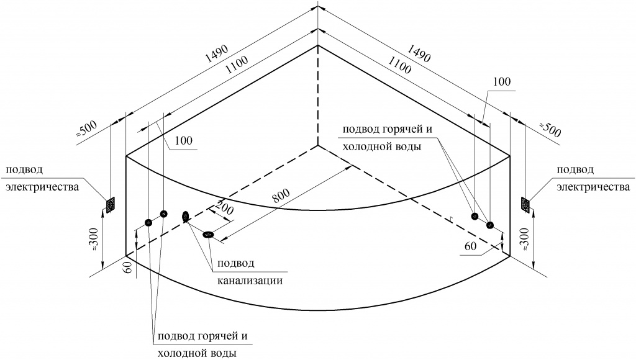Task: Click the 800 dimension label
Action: click(x=280, y=196)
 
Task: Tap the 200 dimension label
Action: click(x=224, y=207)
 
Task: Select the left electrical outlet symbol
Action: click(x=111, y=205)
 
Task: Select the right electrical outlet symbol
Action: click(x=525, y=205)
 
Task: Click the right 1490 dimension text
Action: click(x=419, y=53)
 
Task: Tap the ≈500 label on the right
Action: click(x=550, y=129)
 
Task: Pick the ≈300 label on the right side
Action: click(x=524, y=238)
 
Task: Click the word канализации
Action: click(x=250, y=280)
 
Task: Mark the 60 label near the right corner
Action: click(x=471, y=246)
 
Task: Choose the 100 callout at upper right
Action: click(x=502, y=81)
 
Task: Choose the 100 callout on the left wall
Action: click(x=184, y=140)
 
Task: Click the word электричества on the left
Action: click(x=42, y=187)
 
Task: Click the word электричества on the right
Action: click(x=593, y=187)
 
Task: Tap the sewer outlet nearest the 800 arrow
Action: click(x=209, y=234)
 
